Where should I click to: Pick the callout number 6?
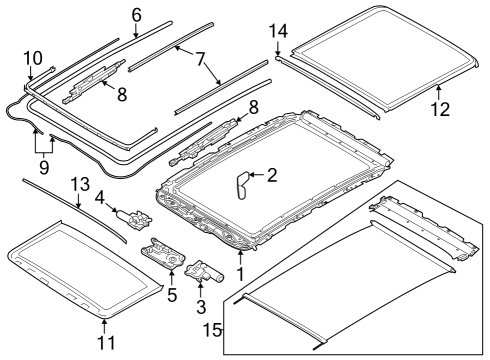click(136, 14)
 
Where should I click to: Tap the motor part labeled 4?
click(132, 218)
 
